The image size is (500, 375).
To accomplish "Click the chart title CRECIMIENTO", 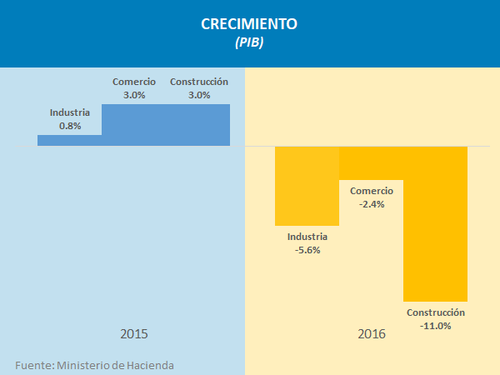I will [x=249, y=24].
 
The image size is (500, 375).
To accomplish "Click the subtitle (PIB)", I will [x=249, y=43].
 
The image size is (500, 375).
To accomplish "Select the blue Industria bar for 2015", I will [x=69, y=140].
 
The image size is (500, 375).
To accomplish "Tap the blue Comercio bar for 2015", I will [x=133, y=125].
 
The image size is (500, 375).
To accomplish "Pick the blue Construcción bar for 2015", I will [x=198, y=125].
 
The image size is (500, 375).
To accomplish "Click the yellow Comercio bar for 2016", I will [x=371, y=162].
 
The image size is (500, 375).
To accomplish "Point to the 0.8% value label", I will [x=70, y=126].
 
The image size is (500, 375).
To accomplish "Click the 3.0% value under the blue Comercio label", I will [x=134, y=95].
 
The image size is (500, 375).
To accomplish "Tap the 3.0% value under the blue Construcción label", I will [x=198, y=95].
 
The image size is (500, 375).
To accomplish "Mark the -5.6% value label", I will [x=307, y=249].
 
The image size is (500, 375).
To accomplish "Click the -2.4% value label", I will [x=372, y=204].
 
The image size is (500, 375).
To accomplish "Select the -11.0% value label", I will [x=436, y=326].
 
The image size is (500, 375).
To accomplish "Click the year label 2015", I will [x=134, y=334].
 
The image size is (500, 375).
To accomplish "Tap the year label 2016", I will [x=372, y=334].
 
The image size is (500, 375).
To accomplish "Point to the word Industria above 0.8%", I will [x=70, y=112].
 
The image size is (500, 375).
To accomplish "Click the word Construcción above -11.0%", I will [x=436, y=312].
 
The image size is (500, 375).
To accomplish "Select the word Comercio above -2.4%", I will [x=372, y=190].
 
